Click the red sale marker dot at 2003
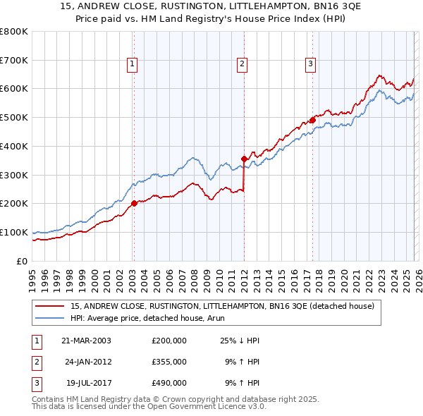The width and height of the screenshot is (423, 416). click(x=134, y=203)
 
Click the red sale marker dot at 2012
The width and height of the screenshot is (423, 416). click(x=244, y=159)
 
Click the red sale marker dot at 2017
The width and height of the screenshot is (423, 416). click(x=312, y=120)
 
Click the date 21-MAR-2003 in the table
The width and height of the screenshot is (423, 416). click(x=87, y=341)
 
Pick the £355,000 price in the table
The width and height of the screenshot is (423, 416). click(x=168, y=362)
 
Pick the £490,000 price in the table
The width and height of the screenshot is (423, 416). click(x=168, y=383)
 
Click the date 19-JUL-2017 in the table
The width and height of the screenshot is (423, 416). click(x=87, y=383)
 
